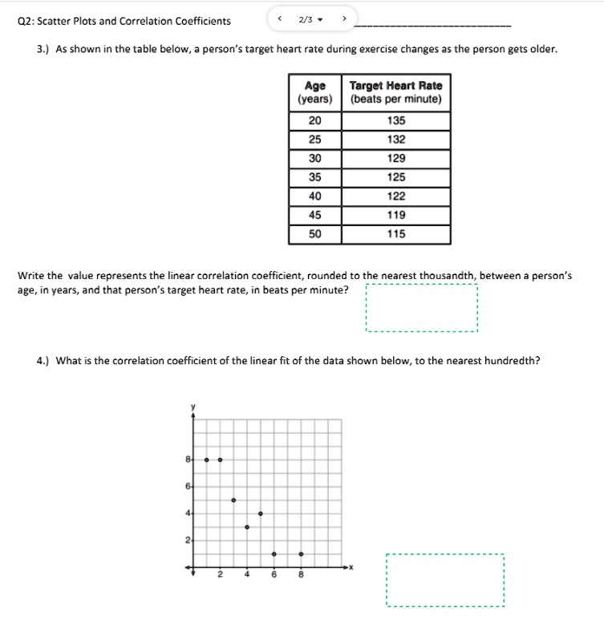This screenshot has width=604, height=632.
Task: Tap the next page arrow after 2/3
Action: pos(344,19)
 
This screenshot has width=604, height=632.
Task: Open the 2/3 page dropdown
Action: pos(310,20)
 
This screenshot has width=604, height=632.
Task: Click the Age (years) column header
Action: pos(315,92)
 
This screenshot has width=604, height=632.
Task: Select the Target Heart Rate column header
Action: pos(396,92)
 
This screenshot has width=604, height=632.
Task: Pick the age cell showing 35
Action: pos(315,177)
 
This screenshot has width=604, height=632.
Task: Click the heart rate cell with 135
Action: pos(396,120)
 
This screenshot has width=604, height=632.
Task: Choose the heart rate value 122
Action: pos(396,196)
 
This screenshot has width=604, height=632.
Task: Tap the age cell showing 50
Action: pos(315,234)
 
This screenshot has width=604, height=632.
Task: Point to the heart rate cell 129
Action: pos(396,159)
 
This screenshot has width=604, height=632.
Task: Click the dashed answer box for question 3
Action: pos(421,308)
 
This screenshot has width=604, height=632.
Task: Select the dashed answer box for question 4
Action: pos(444,580)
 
